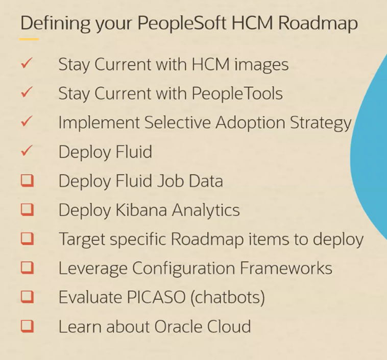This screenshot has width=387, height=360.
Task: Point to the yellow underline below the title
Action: (x=29, y=39)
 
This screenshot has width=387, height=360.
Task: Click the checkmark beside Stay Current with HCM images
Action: (x=27, y=64)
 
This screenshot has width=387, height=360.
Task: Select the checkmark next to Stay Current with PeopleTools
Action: (x=27, y=93)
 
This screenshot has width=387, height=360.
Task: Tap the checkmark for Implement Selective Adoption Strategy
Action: (x=27, y=123)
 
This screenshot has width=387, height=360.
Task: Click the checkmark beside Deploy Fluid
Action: (x=27, y=152)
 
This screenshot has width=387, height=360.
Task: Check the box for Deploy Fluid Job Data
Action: (x=27, y=180)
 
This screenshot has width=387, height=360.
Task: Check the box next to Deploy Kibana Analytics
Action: (x=27, y=209)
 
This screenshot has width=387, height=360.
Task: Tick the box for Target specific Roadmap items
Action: (x=27, y=238)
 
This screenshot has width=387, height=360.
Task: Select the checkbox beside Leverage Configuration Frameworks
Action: (x=27, y=268)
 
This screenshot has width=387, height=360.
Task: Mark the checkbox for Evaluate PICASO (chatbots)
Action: (x=27, y=297)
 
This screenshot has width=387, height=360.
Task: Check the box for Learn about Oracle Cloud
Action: (x=27, y=326)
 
